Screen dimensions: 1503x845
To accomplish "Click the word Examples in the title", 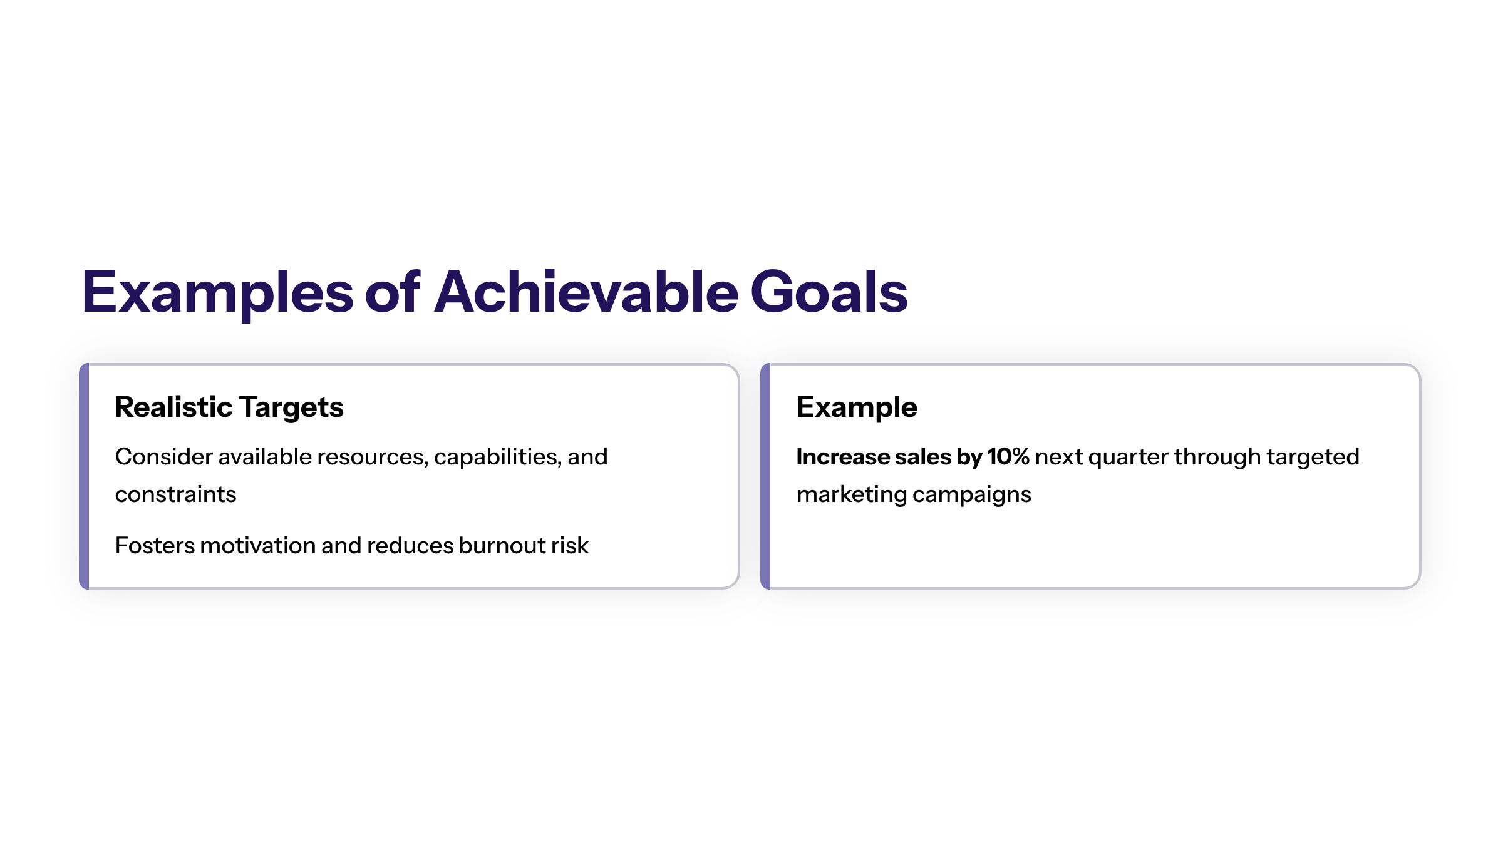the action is [218, 292].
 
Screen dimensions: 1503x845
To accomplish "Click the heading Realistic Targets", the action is [229, 408].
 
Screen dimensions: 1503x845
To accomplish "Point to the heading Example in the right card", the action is [857, 408].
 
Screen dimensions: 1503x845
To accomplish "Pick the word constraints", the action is [176, 494].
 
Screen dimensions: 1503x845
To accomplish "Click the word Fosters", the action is [155, 546].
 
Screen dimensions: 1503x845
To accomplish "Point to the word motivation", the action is [259, 546].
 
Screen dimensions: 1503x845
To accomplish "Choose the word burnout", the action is [493, 546].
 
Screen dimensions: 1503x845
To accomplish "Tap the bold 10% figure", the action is [1008, 457].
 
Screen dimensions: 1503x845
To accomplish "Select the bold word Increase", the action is [843, 457].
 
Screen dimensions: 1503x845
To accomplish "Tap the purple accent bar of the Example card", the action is [765, 476].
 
